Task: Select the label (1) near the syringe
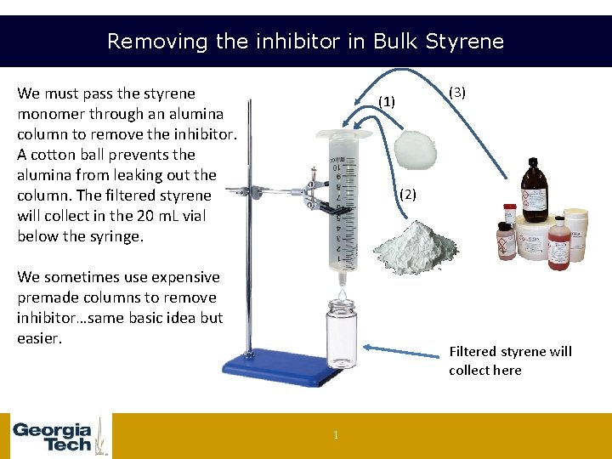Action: (x=387, y=101)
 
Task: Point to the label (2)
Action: (x=408, y=195)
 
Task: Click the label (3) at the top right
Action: (x=457, y=92)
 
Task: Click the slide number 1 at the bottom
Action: (x=335, y=436)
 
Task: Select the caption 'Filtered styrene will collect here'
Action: (x=510, y=360)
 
